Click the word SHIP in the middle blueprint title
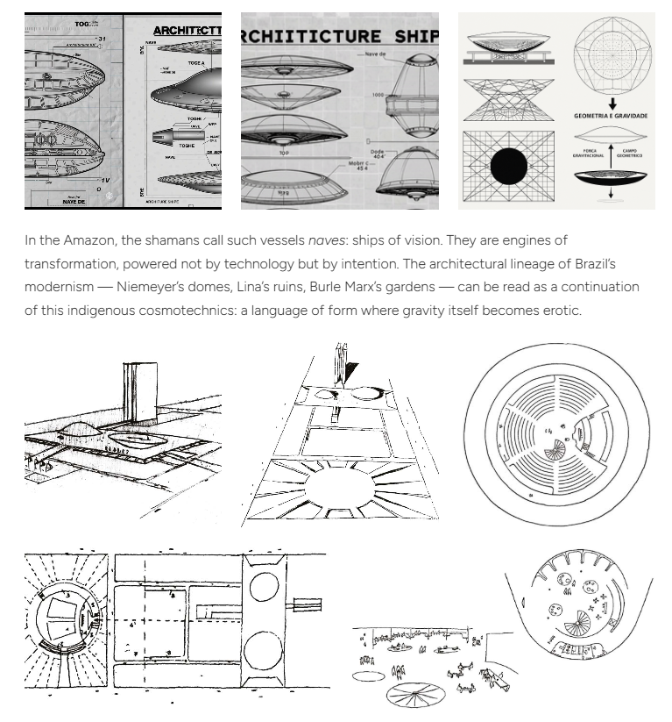click(x=411, y=37)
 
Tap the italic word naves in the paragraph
click(x=326, y=240)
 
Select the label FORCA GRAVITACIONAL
click(x=588, y=153)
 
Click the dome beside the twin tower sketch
click(x=81, y=430)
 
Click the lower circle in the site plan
click(x=262, y=654)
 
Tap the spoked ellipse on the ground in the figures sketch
click(x=415, y=694)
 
